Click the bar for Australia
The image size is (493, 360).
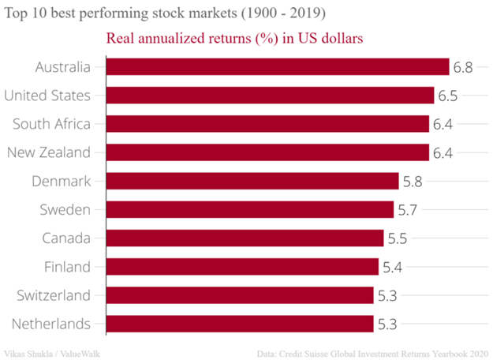click(x=277, y=67)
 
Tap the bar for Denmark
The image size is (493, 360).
click(x=252, y=181)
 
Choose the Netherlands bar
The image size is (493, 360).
click(x=239, y=324)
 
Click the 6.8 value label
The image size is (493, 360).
click(x=463, y=67)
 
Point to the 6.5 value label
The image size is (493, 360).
click(x=448, y=96)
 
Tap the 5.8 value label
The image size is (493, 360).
click(x=413, y=181)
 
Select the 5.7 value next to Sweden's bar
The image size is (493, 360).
click(x=408, y=210)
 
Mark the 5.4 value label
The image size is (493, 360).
click(x=393, y=267)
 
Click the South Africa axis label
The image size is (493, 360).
click(x=52, y=124)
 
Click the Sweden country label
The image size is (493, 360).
click(x=65, y=210)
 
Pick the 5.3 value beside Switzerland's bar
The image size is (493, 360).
click(x=387, y=295)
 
